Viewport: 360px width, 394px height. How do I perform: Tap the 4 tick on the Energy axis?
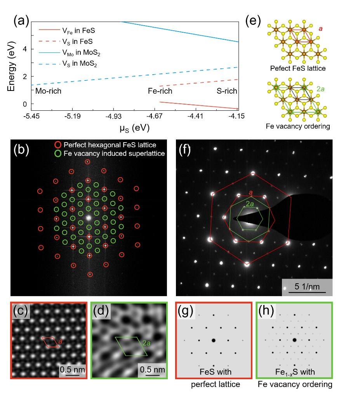[26, 49]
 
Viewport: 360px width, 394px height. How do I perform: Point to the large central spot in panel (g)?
[213, 340]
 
